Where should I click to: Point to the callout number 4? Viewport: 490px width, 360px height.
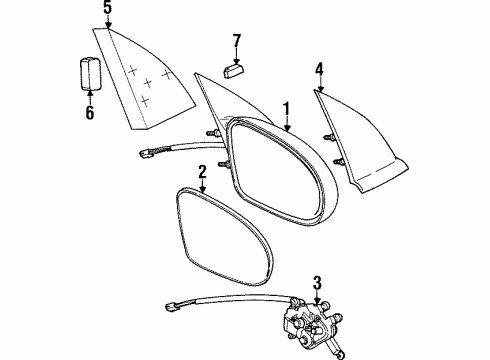point(319,70)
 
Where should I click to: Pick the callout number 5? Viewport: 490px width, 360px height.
point(107,11)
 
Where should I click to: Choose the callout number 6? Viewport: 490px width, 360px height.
point(88,113)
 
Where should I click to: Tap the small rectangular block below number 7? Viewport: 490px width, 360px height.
point(235,70)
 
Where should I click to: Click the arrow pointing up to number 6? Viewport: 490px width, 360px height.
point(88,98)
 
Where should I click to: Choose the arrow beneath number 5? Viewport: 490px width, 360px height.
point(107,24)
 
